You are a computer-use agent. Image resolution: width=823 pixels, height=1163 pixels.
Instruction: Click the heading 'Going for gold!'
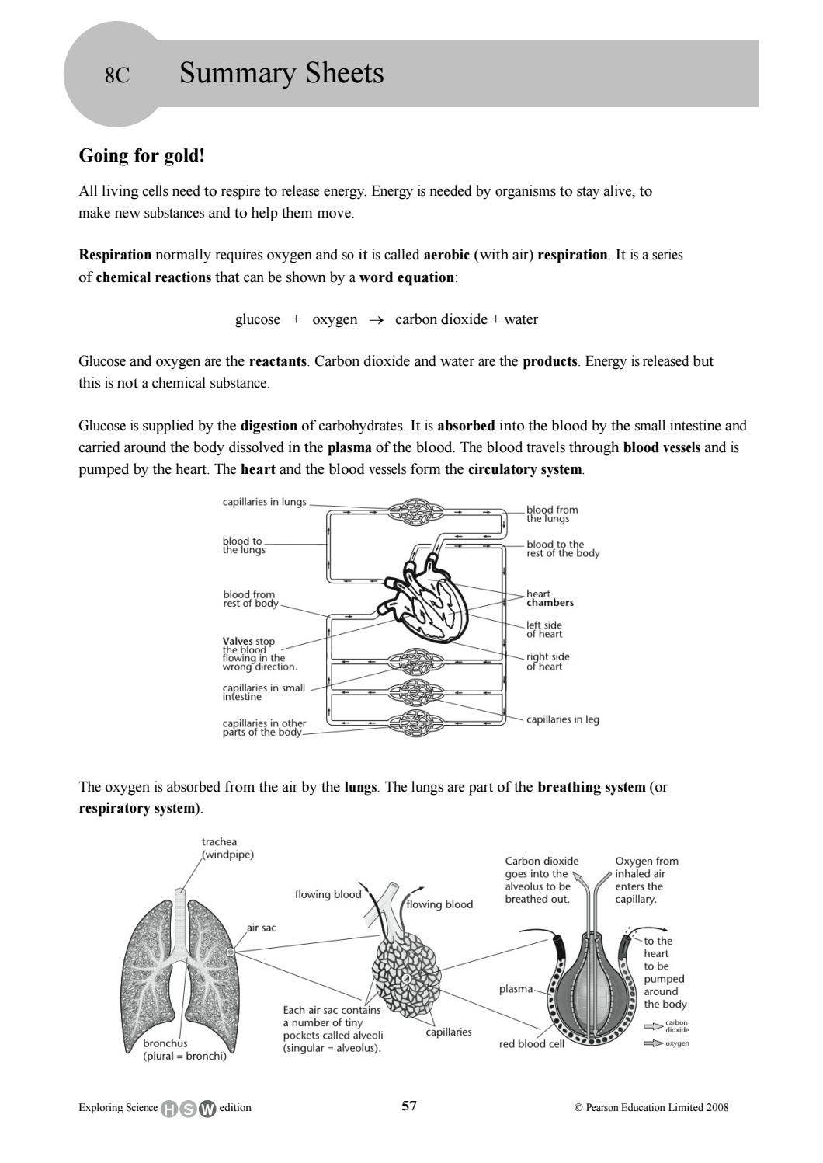pyautogui.click(x=142, y=155)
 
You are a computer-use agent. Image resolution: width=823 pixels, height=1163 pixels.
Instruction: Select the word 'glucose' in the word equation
pyautogui.click(x=258, y=319)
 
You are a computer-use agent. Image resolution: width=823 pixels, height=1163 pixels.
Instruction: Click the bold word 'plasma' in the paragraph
pyautogui.click(x=349, y=447)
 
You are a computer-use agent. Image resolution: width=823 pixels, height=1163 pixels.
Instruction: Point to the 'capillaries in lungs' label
pyautogui.click(x=264, y=502)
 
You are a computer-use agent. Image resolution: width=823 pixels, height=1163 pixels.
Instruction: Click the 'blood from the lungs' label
pyautogui.click(x=552, y=514)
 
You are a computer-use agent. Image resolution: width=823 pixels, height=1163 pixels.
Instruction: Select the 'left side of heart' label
pyautogui.click(x=543, y=629)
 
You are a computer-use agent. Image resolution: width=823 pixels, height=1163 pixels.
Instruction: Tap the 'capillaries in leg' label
pyautogui.click(x=562, y=719)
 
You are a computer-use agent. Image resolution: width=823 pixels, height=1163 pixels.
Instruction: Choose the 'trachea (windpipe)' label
pyautogui.click(x=227, y=848)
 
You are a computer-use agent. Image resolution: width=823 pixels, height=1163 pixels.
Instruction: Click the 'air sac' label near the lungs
pyautogui.click(x=261, y=928)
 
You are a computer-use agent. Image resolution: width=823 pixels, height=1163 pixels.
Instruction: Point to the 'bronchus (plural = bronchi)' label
pyautogui.click(x=184, y=1050)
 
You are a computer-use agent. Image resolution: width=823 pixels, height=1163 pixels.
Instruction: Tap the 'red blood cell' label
pyautogui.click(x=531, y=1044)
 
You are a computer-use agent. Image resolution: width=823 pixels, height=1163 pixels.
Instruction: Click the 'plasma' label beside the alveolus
pyautogui.click(x=516, y=989)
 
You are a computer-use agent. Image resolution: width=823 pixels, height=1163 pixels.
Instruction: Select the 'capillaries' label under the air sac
pyautogui.click(x=449, y=1032)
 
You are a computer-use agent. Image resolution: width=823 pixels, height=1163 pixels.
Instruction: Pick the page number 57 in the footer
pyautogui.click(x=409, y=1106)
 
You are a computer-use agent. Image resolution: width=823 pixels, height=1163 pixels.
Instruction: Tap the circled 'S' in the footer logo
pyautogui.click(x=188, y=1109)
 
